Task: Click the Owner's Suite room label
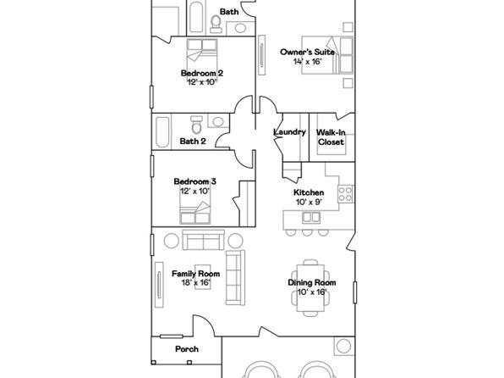[x=307, y=52]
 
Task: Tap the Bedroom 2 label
[x=202, y=73]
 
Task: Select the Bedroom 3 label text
[x=194, y=181]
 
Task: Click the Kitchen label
[x=309, y=192]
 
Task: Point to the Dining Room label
[x=312, y=282]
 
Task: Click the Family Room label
[x=195, y=274]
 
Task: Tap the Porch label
[x=187, y=349]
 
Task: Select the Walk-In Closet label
[x=331, y=137]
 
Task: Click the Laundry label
[x=289, y=132]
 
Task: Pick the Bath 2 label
[x=193, y=141]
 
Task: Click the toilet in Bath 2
[x=195, y=125]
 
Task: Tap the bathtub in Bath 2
[x=162, y=132]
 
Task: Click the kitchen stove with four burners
[x=346, y=194]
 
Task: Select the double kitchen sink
[x=311, y=218]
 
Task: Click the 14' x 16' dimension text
[x=308, y=62]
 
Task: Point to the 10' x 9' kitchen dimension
[x=309, y=202]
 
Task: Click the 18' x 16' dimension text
[x=195, y=283]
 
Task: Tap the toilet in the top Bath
[x=216, y=25]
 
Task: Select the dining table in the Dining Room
[x=310, y=287]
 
